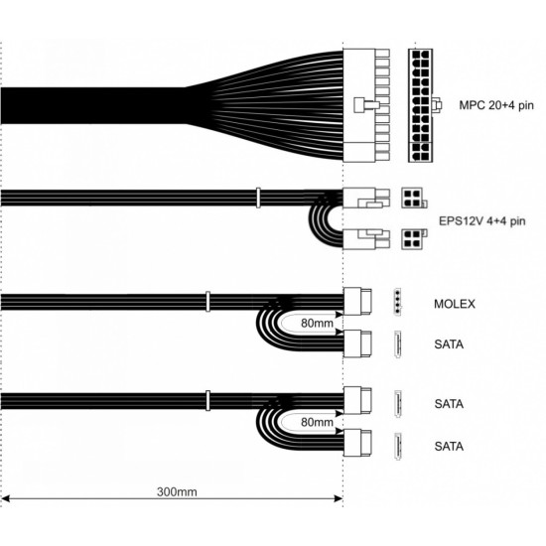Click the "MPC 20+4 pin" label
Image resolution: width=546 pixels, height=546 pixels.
tap(496, 105)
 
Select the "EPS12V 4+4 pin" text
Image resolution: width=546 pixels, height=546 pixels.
tap(481, 221)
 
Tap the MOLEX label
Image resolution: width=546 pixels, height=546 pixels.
tap(455, 304)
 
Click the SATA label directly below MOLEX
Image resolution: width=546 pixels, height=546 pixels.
tap(449, 344)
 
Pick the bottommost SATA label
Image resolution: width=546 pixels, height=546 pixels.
tap(449, 446)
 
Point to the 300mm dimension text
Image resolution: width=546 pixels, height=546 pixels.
tap(177, 492)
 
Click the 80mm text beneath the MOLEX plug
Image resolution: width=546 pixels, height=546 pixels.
tap(317, 324)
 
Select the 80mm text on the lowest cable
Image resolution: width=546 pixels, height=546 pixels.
tap(317, 422)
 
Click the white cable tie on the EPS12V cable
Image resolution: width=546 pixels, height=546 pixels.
tap(258, 198)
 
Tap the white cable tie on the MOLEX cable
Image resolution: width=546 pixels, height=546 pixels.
tap(207, 302)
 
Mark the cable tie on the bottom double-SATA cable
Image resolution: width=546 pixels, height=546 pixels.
tap(207, 400)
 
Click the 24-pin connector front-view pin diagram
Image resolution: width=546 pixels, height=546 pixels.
tap(420, 105)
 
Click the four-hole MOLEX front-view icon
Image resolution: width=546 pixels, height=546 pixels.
tap(397, 302)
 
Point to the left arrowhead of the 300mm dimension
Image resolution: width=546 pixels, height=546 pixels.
tap(6, 499)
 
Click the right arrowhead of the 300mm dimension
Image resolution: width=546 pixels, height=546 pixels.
tap(339, 499)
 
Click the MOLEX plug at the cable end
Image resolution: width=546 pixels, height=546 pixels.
tap(357, 301)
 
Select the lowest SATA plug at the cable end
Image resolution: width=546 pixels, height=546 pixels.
tap(357, 443)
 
